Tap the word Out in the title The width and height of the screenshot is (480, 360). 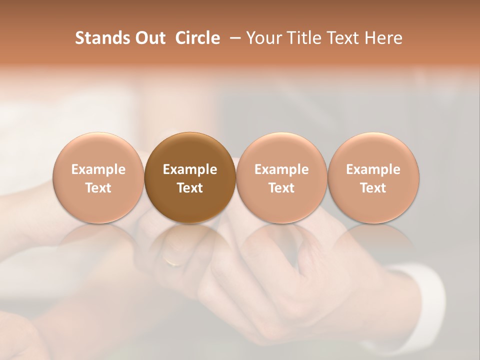coord(149,38)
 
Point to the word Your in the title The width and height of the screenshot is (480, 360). coord(263,38)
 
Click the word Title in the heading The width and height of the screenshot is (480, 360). coord(302,38)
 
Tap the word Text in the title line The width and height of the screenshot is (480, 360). coord(343,38)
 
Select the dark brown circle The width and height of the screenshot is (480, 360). coord(190,177)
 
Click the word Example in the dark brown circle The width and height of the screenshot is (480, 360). coord(190,169)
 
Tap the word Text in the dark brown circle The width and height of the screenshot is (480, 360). coord(190,188)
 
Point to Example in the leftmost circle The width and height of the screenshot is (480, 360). coord(98,169)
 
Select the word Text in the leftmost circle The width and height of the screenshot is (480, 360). coord(98,188)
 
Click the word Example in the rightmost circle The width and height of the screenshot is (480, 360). coord(373,169)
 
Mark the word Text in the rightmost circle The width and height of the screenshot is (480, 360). coord(373,188)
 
